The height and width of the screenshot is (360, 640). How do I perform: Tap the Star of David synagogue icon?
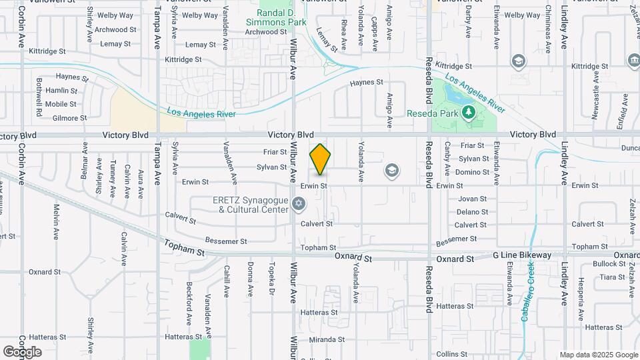tap(299, 203)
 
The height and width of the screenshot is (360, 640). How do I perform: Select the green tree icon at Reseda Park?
tap(469, 111)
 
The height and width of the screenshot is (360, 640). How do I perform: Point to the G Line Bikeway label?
tap(522, 255)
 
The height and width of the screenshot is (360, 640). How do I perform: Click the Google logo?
tap(21, 351)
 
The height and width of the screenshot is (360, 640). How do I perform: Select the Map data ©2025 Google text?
tap(599, 355)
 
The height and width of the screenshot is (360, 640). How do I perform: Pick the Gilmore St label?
tap(70, 118)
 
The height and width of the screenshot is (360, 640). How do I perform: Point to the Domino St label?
tap(473, 172)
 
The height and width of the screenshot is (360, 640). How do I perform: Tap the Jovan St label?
tap(473, 199)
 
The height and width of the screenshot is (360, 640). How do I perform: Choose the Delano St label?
tap(473, 212)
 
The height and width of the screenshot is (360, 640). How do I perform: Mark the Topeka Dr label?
tap(272, 283)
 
